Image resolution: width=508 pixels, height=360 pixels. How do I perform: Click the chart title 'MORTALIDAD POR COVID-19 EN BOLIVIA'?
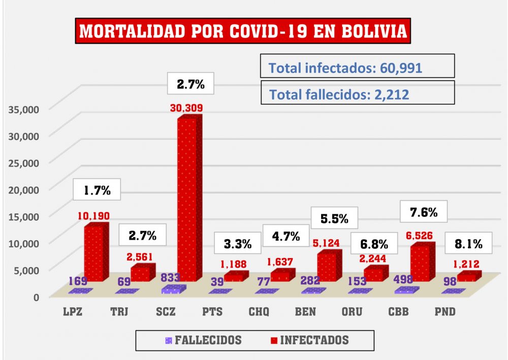243,31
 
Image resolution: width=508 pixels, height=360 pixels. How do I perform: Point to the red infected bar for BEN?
327,266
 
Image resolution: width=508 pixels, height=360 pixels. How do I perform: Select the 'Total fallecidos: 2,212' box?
358,93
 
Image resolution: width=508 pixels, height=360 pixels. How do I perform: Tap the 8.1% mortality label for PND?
468,244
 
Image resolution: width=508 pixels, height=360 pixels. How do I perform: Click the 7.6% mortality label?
423,212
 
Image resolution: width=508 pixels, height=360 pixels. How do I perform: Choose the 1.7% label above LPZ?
97,191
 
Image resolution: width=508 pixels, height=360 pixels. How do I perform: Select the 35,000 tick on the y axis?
22,108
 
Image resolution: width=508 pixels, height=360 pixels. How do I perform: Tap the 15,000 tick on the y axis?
22,216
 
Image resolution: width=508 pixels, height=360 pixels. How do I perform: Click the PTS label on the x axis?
212,312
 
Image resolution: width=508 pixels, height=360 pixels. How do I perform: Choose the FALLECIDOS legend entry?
203,340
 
